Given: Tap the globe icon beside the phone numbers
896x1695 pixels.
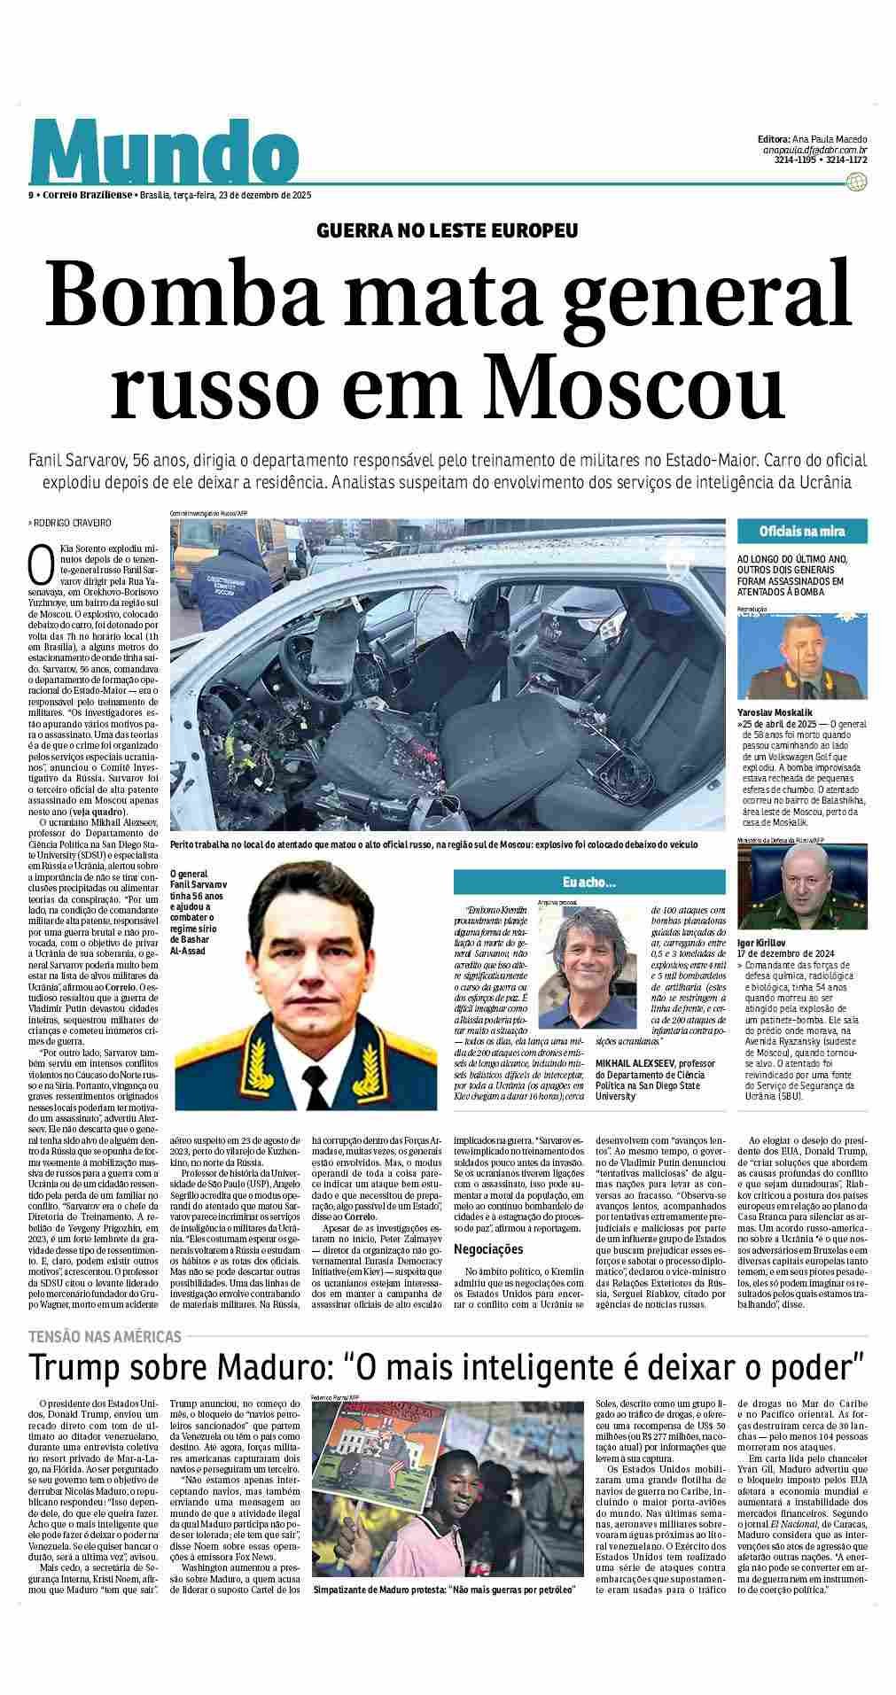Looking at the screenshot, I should [x=856, y=182].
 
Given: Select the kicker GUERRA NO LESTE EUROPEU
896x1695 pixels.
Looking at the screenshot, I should [x=448, y=231].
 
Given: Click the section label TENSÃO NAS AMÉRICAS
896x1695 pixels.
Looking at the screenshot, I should [x=105, y=1336].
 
